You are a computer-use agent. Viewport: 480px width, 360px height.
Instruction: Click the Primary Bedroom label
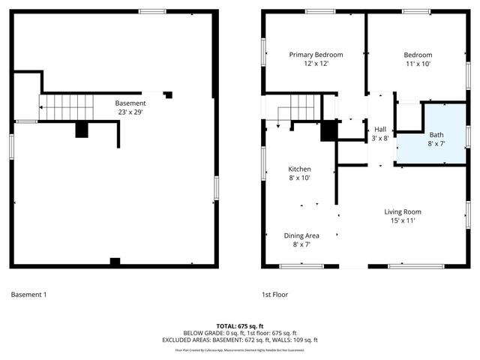pyautogui.click(x=316, y=59)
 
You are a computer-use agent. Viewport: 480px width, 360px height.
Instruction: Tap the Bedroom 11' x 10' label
pyautogui.click(x=418, y=59)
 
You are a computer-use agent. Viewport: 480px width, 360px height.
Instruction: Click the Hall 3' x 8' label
pyautogui.click(x=380, y=133)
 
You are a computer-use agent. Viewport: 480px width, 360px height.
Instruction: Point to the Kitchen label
pyautogui.click(x=300, y=173)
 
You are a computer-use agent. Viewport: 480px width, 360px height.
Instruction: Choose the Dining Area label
pyautogui.click(x=301, y=240)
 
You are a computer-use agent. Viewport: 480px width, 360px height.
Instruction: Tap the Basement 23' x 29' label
pyautogui.click(x=130, y=107)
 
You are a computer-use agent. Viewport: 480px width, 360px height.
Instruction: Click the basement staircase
pyautogui.click(x=66, y=107)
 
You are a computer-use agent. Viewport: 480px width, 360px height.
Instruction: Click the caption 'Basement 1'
pyautogui.click(x=28, y=295)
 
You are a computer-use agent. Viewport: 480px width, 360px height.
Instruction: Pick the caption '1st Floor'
pyautogui.click(x=274, y=295)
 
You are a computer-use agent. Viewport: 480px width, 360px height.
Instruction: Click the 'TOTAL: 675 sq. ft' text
pyautogui.click(x=240, y=325)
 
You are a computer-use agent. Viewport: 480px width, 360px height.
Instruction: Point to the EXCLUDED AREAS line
pyautogui.click(x=240, y=340)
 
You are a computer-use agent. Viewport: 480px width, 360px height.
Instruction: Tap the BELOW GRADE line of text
pyautogui.click(x=240, y=333)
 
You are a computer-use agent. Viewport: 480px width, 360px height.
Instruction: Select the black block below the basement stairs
pyautogui.click(x=82, y=130)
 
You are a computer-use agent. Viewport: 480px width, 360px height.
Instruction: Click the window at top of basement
pyautogui.click(x=152, y=10)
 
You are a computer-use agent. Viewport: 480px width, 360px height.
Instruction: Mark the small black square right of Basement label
pyautogui.click(x=168, y=94)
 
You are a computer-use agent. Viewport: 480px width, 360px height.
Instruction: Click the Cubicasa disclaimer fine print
pyautogui.click(x=240, y=349)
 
